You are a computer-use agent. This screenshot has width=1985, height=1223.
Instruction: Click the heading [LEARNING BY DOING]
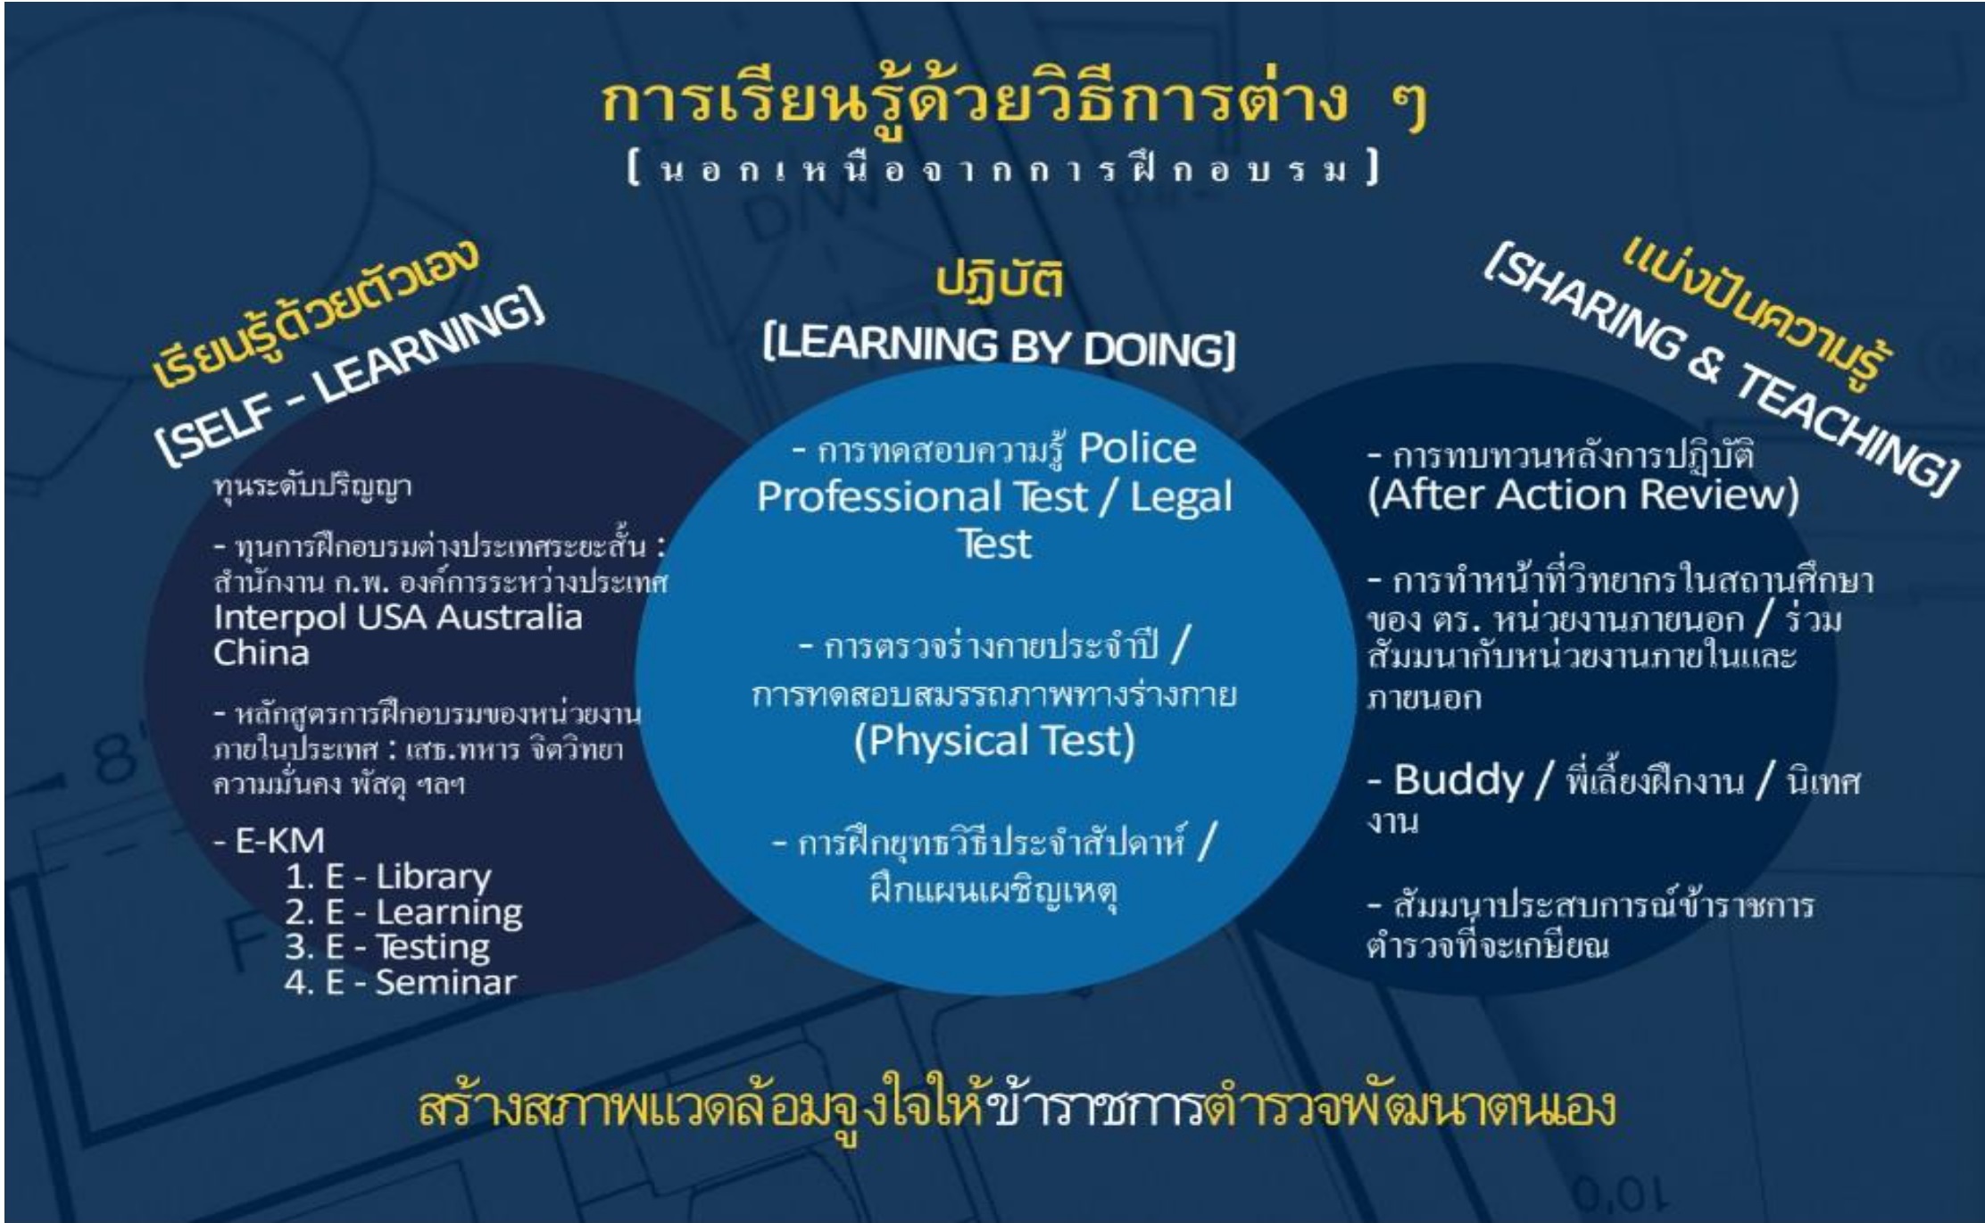1000,346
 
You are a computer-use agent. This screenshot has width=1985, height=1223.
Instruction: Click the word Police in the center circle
1137,448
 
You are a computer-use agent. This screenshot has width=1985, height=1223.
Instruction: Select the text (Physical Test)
994,741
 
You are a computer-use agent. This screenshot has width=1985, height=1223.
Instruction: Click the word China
261,653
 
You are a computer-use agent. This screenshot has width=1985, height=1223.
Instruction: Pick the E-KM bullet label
270,841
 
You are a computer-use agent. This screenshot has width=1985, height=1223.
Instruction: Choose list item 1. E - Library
388,878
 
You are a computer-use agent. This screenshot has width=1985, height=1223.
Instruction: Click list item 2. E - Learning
403,913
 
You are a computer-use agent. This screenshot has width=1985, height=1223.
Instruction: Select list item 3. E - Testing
387,947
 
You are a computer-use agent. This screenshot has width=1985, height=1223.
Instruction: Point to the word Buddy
1458,780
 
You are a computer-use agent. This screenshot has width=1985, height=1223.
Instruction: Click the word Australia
512,618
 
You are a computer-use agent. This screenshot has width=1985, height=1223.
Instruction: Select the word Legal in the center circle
1181,498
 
